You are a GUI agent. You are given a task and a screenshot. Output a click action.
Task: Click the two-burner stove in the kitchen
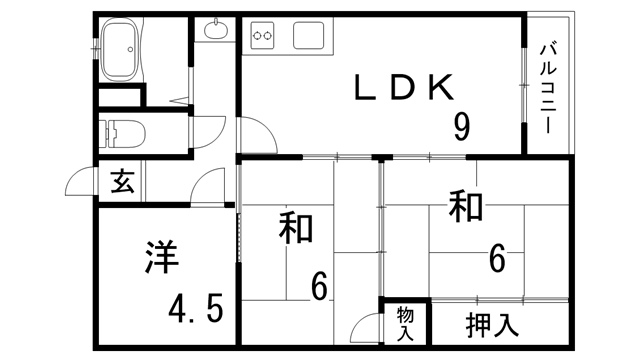click(x=263, y=37)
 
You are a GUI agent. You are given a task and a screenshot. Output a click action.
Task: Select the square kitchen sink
click(x=306, y=36)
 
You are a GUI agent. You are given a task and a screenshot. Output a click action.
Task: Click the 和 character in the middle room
click(x=296, y=228)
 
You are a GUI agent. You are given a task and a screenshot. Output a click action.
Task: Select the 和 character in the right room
click(x=465, y=207)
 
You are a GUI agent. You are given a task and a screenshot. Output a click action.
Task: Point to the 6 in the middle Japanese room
click(x=319, y=287)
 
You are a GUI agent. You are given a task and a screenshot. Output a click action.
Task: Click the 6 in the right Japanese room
click(x=497, y=260)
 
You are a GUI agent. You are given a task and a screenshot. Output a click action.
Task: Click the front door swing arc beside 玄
click(x=80, y=183)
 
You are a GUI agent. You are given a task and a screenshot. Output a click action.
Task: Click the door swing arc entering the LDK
click(x=254, y=136)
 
